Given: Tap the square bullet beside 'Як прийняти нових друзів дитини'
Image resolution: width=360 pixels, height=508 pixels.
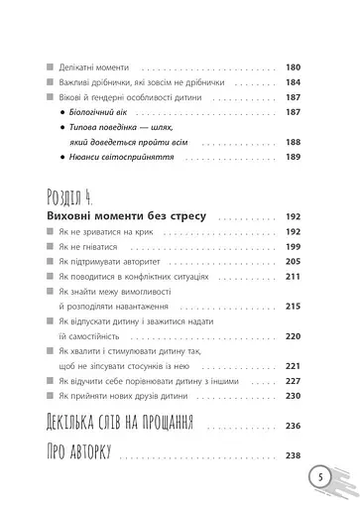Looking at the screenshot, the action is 50,395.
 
